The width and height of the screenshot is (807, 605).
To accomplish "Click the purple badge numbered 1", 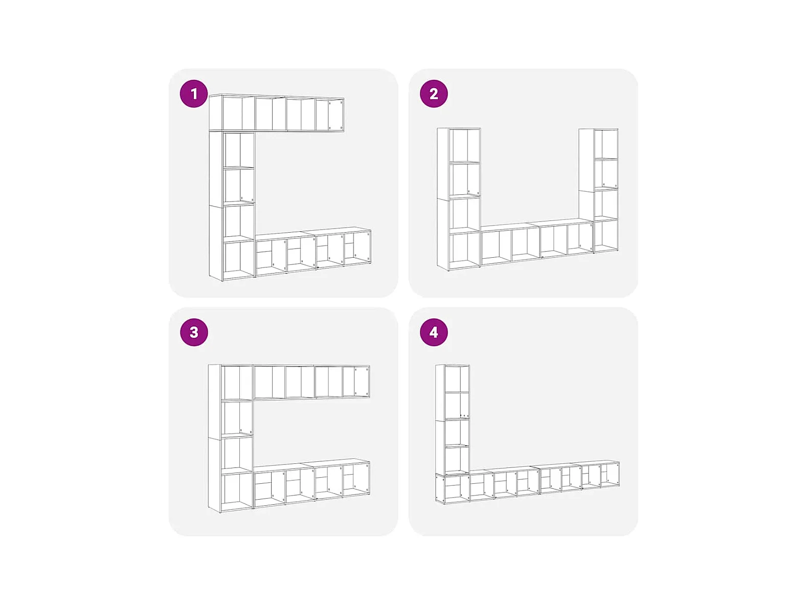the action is click(x=194, y=94).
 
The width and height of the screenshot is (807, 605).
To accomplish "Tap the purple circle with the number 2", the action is click(x=434, y=94).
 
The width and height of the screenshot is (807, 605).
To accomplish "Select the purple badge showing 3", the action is click(x=194, y=332).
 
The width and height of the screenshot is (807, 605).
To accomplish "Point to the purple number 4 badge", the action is click(x=434, y=332).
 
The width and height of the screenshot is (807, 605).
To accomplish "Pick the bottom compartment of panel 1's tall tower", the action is click(x=239, y=259).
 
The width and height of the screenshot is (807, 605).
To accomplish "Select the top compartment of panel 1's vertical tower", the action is click(x=239, y=150).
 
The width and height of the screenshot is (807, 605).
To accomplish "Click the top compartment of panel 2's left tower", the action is click(x=465, y=145).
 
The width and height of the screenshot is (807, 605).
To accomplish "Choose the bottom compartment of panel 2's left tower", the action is click(x=465, y=250).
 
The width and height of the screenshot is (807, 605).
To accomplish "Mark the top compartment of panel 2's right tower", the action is click(x=606, y=144).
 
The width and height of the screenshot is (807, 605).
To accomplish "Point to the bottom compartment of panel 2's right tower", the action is click(x=606, y=235).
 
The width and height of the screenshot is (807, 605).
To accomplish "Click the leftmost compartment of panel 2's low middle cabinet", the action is click(x=496, y=245).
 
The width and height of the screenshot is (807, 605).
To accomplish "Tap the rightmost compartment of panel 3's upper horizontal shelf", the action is click(x=355, y=382).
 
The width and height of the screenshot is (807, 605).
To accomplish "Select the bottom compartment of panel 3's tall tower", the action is click(x=237, y=491).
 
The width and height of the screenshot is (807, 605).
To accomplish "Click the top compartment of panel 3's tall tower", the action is click(x=237, y=383).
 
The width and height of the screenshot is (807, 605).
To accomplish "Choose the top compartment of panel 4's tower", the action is click(x=457, y=378).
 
